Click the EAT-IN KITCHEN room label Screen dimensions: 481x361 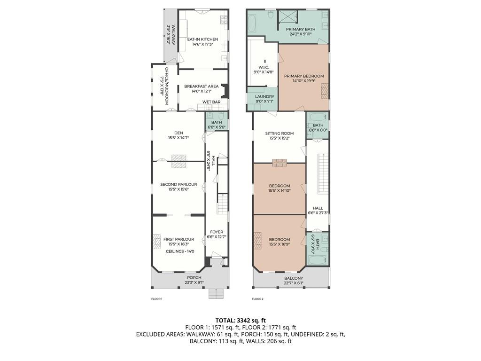point(202,39)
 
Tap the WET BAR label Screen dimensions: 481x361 point(211,102)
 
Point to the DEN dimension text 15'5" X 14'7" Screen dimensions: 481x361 point(178,138)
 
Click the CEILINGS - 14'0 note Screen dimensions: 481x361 point(180,251)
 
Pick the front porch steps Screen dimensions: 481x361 point(216,293)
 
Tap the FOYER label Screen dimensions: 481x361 point(217,232)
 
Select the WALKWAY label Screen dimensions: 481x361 point(173,35)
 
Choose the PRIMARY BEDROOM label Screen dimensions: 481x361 point(304,76)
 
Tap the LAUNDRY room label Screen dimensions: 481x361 point(264,96)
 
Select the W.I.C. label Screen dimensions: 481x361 point(264,67)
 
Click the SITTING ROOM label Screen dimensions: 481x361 point(279,133)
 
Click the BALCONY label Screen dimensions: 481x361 point(294,278)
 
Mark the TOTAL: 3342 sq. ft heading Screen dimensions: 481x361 point(240,321)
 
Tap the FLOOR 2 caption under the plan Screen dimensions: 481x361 point(258,298)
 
